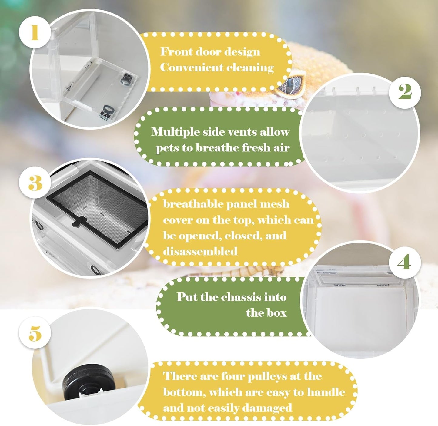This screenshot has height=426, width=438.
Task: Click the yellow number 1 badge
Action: [x=35, y=32]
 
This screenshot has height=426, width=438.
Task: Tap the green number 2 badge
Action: [x=405, y=91]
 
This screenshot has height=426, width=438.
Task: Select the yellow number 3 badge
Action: [x=35, y=183]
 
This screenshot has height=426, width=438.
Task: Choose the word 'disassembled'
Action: [x=200, y=251]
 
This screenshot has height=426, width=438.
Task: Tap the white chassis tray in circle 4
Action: [x=361, y=315]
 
